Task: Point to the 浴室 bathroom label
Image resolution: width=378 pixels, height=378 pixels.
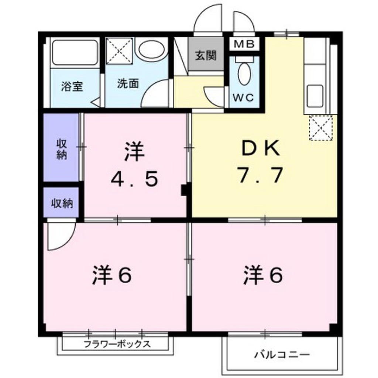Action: pyautogui.click(x=72, y=87)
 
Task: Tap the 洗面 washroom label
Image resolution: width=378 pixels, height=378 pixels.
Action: pyautogui.click(x=128, y=84)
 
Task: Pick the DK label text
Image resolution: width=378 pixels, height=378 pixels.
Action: pyautogui.click(x=261, y=150)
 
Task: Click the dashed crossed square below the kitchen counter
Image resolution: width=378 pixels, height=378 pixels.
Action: pyautogui.click(x=321, y=127)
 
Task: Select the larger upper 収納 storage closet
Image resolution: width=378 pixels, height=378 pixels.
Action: pyautogui.click(x=61, y=148)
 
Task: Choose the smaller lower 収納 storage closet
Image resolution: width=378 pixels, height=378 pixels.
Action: pyautogui.click(x=61, y=203)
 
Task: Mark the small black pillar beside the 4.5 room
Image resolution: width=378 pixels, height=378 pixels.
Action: pyautogui.click(x=184, y=190)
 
